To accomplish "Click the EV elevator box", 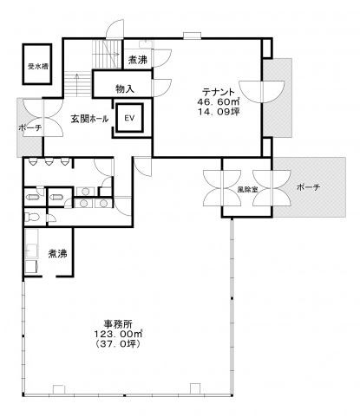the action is click(x=129, y=118).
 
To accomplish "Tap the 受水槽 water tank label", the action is click(x=37, y=67).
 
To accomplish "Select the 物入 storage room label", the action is click(x=125, y=88).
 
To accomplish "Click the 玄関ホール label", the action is click(x=89, y=119).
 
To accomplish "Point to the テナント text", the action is click(x=218, y=92).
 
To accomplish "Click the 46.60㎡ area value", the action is click(x=218, y=101).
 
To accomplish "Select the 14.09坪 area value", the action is click(x=219, y=112).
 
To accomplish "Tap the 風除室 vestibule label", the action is click(x=247, y=190).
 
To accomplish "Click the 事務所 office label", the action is click(x=118, y=324).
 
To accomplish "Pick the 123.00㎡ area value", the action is click(x=118, y=334).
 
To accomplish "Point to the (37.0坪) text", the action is click(x=118, y=344).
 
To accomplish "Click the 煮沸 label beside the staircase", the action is click(x=138, y=60).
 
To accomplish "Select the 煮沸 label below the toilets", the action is click(x=57, y=253).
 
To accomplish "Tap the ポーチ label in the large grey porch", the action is click(x=309, y=187).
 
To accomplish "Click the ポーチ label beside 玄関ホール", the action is click(x=30, y=127).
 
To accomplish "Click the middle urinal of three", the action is click(x=49, y=162).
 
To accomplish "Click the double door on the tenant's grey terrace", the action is click(x=262, y=92).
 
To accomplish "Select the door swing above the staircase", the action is click(x=115, y=29).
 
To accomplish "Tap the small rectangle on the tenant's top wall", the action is click(x=192, y=36).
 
